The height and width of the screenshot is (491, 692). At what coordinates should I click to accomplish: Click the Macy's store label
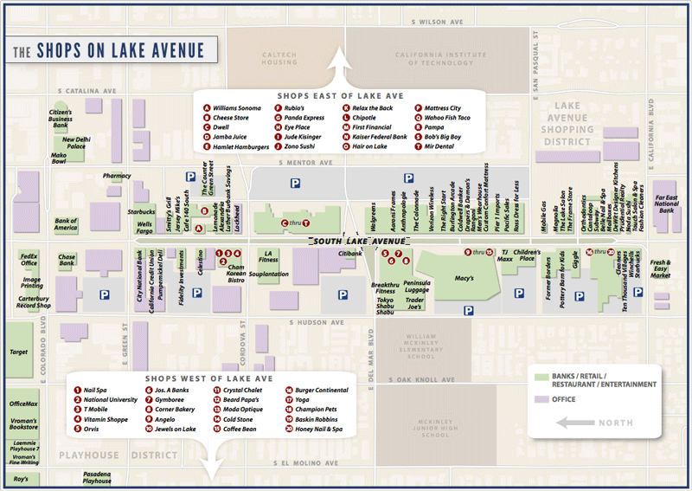click(464, 278)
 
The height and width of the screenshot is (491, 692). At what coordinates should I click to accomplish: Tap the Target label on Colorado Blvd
click(19, 352)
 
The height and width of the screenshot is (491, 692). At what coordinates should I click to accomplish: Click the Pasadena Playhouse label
click(97, 477)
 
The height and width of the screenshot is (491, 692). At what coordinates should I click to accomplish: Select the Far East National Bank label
click(664, 204)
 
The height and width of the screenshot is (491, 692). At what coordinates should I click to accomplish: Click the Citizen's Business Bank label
click(60, 119)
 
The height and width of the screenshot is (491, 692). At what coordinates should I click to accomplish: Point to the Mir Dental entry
click(439, 146)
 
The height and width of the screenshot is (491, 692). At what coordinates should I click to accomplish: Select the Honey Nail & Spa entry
click(318, 429)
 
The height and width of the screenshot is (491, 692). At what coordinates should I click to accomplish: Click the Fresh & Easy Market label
click(660, 268)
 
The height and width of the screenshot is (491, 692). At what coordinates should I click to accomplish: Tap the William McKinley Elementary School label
click(421, 346)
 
